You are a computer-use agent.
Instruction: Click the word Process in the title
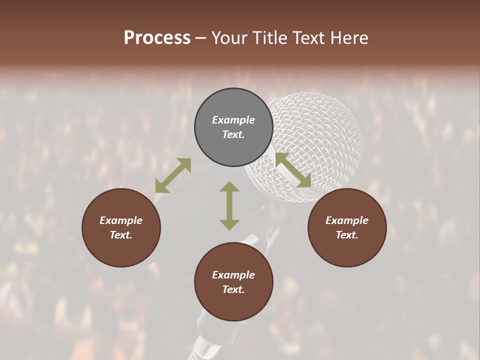coord(157,38)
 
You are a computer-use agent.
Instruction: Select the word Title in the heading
coord(270,38)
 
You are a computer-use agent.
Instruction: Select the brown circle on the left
coord(121,228)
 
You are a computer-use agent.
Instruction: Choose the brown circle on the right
coord(347,228)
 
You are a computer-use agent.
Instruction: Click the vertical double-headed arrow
coord(229,205)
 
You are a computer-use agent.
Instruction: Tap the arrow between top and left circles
coord(173,175)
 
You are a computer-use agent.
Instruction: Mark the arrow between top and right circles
coord(293,170)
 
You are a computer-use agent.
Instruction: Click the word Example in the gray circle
coord(233,120)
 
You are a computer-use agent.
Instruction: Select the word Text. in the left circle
coord(121,235)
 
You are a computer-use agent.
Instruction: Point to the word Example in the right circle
coord(347,220)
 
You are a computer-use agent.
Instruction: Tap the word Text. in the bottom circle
coord(233,289)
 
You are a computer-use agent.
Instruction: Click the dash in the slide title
coord(201,38)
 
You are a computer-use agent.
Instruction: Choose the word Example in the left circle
coord(121,220)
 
